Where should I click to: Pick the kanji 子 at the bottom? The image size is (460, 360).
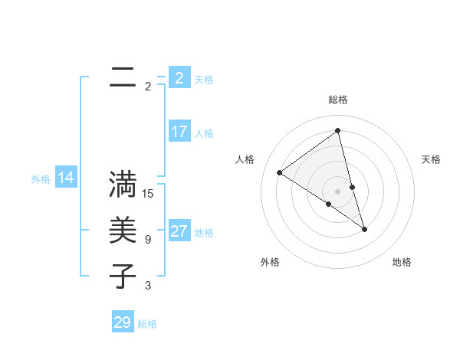coord(123,277)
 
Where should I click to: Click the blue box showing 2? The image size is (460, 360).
coord(179,78)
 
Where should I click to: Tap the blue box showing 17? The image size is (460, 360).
coord(179,132)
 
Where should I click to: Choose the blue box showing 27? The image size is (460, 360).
coord(179,231)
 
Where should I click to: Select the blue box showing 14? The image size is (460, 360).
coord(66,178)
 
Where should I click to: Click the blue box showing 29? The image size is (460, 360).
coord(123,322)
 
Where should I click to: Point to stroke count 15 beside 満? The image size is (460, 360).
coord(149,194)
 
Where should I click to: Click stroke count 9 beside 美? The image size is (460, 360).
coord(148,240)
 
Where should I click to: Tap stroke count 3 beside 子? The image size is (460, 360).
coord(148,286)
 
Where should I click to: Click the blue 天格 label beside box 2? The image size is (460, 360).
coord(204,80)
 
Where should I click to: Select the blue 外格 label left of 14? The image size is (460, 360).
coord(41,179)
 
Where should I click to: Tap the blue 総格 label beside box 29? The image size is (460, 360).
coord(147,324)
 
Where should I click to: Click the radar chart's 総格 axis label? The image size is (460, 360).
coord(337,100)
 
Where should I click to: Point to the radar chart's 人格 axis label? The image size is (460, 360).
coord(245,159)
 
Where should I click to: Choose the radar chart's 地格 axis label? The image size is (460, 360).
coord(402,262)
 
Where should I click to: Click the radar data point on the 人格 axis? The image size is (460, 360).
coord(279,172)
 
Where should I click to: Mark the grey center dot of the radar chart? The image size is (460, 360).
coord(337,191)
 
